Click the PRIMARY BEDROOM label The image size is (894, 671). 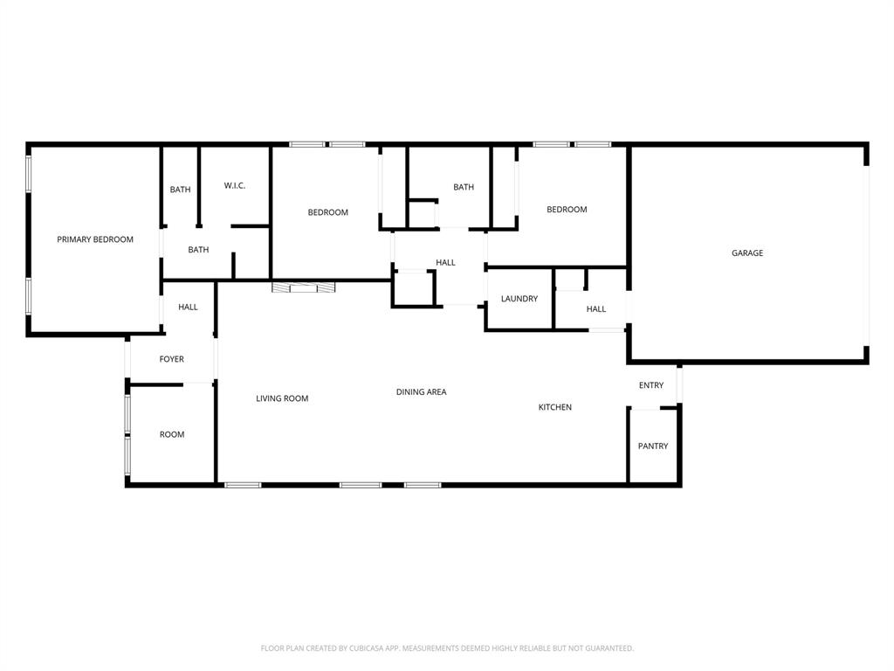[95, 239]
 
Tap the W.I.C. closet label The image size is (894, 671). [235, 185]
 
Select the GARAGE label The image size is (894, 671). [747, 253]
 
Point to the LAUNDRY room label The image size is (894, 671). [519, 299]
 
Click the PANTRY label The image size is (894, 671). [653, 446]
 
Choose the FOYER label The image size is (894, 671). [171, 359]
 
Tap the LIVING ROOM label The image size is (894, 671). [282, 398]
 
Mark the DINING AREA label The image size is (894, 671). [422, 392]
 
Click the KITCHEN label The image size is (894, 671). [555, 407]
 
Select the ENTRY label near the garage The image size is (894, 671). [651, 385]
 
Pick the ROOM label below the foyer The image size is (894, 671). [172, 434]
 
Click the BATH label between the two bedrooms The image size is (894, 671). [464, 187]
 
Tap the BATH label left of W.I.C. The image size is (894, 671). [181, 190]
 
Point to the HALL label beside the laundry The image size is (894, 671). [596, 309]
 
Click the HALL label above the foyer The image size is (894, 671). [188, 307]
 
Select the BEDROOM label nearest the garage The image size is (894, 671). [567, 210]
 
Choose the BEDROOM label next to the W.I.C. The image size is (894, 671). [328, 212]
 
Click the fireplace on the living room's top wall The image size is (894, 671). [304, 287]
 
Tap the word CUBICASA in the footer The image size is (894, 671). [373, 648]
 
